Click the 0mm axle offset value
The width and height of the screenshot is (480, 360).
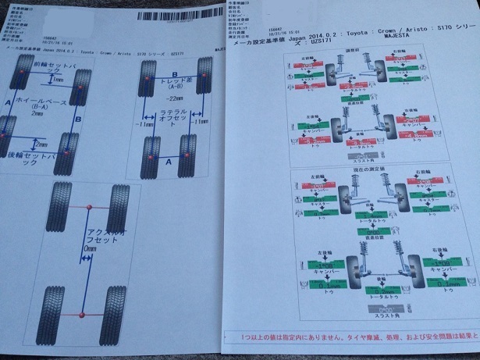pos(89,249)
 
